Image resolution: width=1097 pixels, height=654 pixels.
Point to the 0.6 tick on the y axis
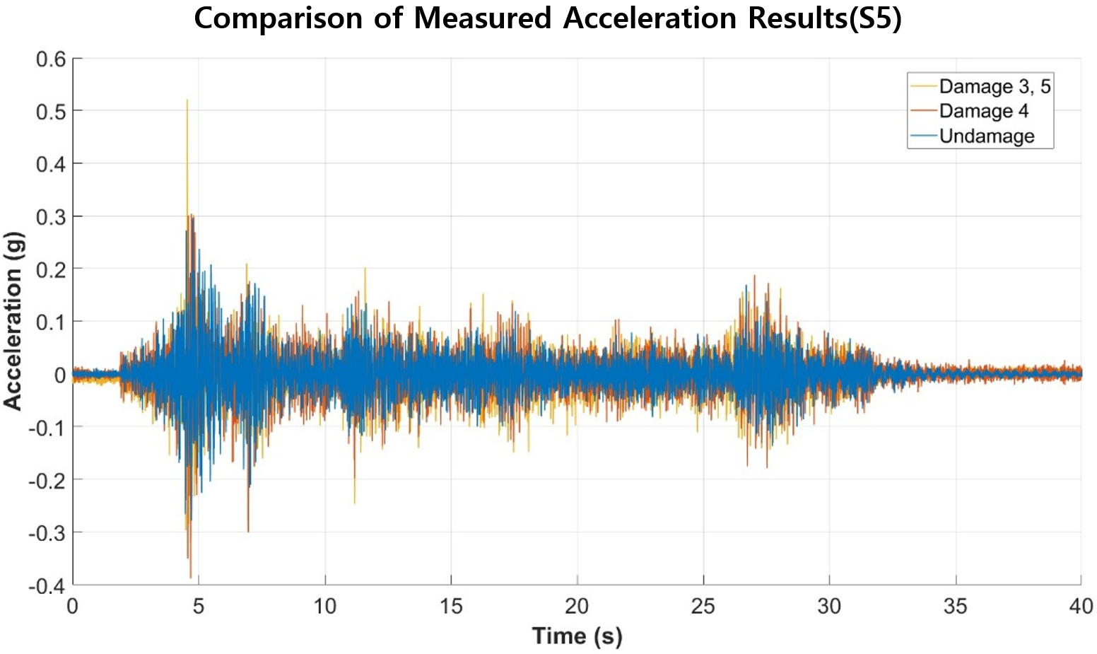51,59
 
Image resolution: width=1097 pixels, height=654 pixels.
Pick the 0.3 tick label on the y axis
51,217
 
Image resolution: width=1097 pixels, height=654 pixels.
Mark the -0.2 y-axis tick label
47,480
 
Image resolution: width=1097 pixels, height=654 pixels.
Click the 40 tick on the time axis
1081,607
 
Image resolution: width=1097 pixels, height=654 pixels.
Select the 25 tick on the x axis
703,607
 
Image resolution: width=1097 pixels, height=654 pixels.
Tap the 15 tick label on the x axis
451,607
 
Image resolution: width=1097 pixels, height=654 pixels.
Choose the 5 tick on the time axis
199,607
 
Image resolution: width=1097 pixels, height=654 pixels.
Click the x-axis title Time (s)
577,636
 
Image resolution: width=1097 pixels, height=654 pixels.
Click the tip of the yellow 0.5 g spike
187,100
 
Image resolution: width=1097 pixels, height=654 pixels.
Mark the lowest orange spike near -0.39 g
191,578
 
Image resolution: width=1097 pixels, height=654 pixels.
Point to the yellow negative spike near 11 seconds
354,503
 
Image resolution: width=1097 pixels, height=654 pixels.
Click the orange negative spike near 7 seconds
248,531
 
